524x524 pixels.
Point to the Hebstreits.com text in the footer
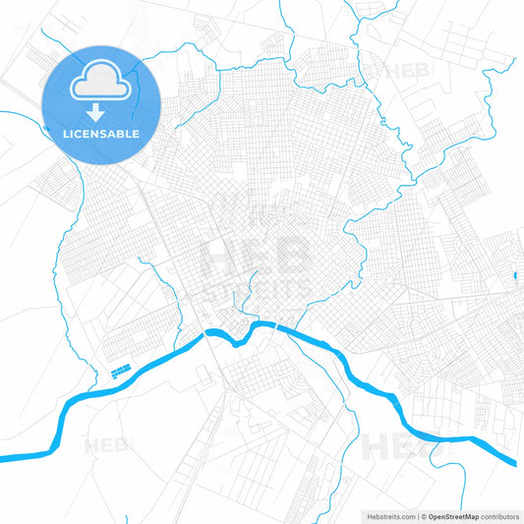click(386, 515)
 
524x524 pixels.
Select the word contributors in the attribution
click(498, 515)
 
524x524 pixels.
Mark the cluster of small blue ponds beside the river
click(121, 371)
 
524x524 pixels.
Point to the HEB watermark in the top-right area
click(406, 71)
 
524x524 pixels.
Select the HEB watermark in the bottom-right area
click(393, 447)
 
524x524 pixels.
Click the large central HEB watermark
click(255, 258)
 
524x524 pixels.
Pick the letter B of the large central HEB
click(292, 258)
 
